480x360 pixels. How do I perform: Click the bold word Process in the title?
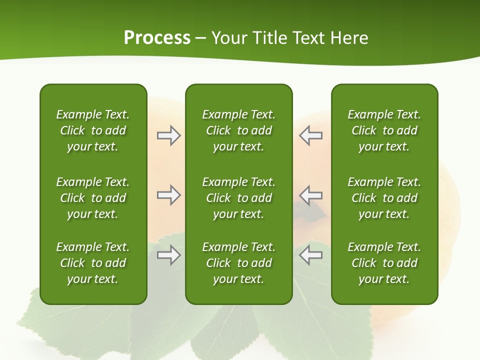tap(157, 38)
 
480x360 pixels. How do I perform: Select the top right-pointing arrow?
tap(168, 135)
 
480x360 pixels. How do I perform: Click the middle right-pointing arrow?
tap(168, 195)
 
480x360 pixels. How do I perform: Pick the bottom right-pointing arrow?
tap(168, 255)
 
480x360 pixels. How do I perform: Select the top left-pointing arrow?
tap(311, 135)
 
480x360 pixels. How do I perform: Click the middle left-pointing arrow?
tap(311, 195)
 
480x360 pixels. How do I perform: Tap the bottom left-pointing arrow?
tap(311, 255)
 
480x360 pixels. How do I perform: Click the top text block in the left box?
tap(93, 130)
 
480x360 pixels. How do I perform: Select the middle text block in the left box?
tap(93, 198)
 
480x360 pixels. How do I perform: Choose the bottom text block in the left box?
tap(93, 263)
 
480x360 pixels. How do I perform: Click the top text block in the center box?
tap(238, 130)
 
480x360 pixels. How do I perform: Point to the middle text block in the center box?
tap(238, 198)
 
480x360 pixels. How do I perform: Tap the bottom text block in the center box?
tap(238, 263)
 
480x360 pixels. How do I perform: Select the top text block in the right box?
tap(384, 130)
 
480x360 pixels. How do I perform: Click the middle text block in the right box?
tap(384, 198)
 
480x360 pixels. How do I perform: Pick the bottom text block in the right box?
tap(384, 263)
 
